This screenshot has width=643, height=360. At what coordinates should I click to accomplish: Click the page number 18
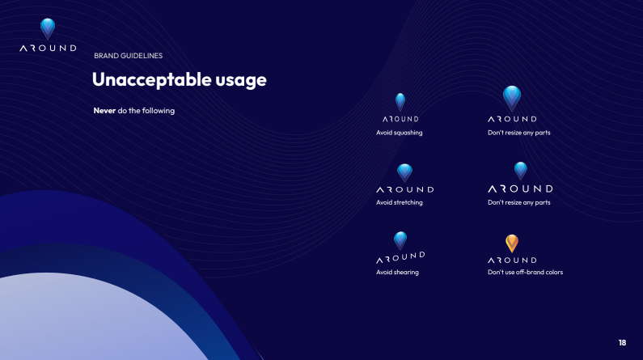(x=622, y=342)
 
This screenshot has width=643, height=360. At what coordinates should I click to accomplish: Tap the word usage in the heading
(x=241, y=81)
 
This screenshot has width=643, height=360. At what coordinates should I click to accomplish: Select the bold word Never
(x=104, y=110)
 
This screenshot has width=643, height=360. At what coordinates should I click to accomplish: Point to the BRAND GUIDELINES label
(x=129, y=56)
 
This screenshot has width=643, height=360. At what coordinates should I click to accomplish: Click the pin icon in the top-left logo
(x=48, y=28)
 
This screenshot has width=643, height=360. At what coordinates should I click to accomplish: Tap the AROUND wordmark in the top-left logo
(x=48, y=48)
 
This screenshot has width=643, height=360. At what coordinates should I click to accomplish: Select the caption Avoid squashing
(x=399, y=133)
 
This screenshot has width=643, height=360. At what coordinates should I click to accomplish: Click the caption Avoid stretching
(x=399, y=202)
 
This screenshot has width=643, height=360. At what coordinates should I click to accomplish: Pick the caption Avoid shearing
(x=397, y=272)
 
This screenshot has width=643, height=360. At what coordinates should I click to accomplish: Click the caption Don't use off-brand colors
(x=525, y=272)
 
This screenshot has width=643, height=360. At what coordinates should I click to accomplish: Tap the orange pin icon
(x=512, y=244)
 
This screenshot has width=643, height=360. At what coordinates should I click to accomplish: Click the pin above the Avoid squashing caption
(x=400, y=102)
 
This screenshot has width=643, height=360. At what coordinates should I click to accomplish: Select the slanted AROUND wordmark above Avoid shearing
(x=400, y=257)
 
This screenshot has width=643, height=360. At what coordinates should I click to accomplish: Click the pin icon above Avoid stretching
(x=404, y=173)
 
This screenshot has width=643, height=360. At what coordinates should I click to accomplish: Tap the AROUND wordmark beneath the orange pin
(x=512, y=260)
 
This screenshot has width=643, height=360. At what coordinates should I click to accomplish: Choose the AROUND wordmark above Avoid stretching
(x=405, y=189)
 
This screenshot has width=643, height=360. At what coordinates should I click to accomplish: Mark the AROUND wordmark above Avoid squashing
(x=400, y=119)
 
